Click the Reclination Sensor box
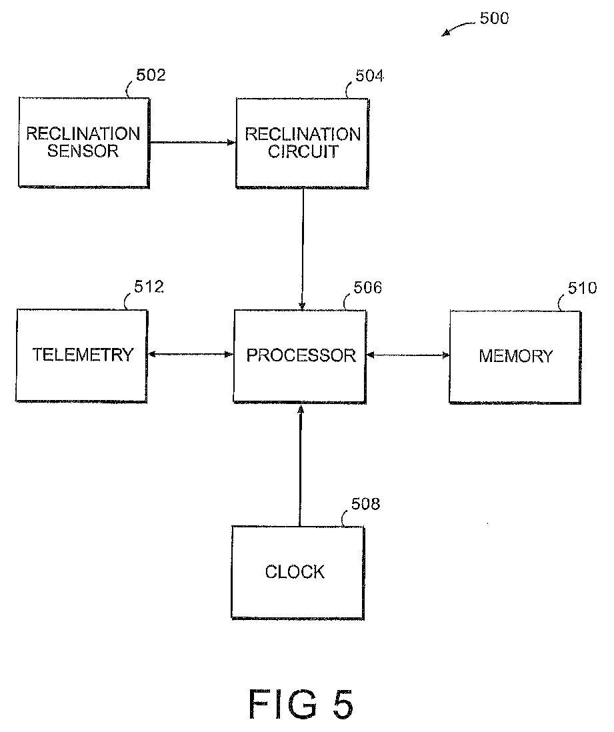[x=83, y=141]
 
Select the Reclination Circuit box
[x=302, y=143]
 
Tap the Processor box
[x=301, y=355]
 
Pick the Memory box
[x=515, y=356]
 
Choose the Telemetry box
[x=83, y=355]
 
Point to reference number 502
[x=151, y=75]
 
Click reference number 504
[x=369, y=75]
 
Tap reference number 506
[x=367, y=288]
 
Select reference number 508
[x=365, y=504]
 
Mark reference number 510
[x=582, y=288]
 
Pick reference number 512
[x=149, y=287]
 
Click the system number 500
[x=494, y=18]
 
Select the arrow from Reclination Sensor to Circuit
[x=192, y=142]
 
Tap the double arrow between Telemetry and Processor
[x=190, y=355]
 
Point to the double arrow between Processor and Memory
[x=408, y=355]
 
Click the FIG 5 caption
[x=301, y=703]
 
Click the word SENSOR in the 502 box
[x=83, y=151]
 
